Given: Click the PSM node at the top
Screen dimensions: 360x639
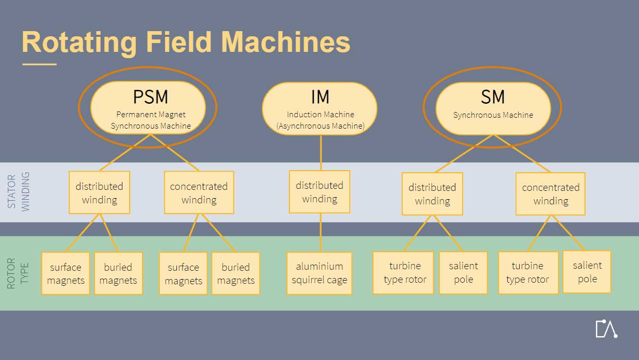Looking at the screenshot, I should pos(148,107).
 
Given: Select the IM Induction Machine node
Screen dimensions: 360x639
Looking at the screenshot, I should pos(320,108).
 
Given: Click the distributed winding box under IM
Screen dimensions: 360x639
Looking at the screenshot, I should pos(320,192).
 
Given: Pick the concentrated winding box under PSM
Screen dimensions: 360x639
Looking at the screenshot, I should pos(199,193).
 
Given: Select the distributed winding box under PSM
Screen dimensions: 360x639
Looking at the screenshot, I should pos(99,193).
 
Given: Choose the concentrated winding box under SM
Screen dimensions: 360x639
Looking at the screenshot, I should pos(550,194).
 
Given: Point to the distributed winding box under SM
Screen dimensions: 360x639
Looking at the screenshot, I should pos(432,194).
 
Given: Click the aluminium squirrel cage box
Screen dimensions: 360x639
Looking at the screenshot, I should pos(319,273).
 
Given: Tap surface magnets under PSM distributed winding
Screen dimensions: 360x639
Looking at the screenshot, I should pos(65,274).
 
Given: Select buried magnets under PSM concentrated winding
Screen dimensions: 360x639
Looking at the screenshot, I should pos(235,274).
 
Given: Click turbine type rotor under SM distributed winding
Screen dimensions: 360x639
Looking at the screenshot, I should pos(403,273).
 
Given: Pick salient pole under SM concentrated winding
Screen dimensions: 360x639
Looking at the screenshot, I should pos(587,272).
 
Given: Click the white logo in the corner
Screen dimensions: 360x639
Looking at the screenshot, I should pos(606,329).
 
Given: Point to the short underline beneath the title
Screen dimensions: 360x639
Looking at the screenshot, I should pos(39,64).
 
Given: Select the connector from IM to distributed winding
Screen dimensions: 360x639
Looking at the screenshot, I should pos(321,153).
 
